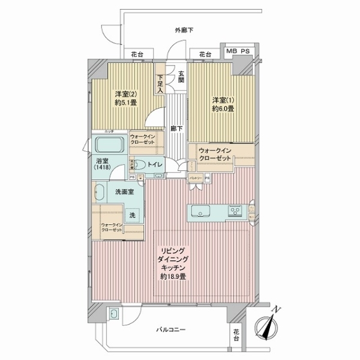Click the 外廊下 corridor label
tap(184, 30)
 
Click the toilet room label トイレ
tap(158, 162)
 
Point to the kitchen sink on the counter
tap(199, 211)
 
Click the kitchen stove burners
tap(234, 211)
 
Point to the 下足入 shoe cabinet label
tap(160, 83)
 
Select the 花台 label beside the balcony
tap(236, 334)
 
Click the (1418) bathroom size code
tap(103, 169)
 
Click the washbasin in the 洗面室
tap(98, 193)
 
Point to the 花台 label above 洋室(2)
tap(137, 55)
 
